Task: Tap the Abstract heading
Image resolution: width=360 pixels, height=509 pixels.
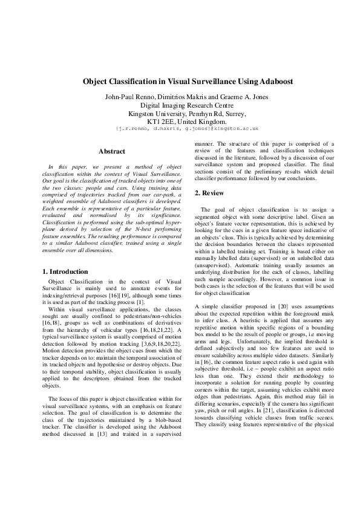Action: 112,151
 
